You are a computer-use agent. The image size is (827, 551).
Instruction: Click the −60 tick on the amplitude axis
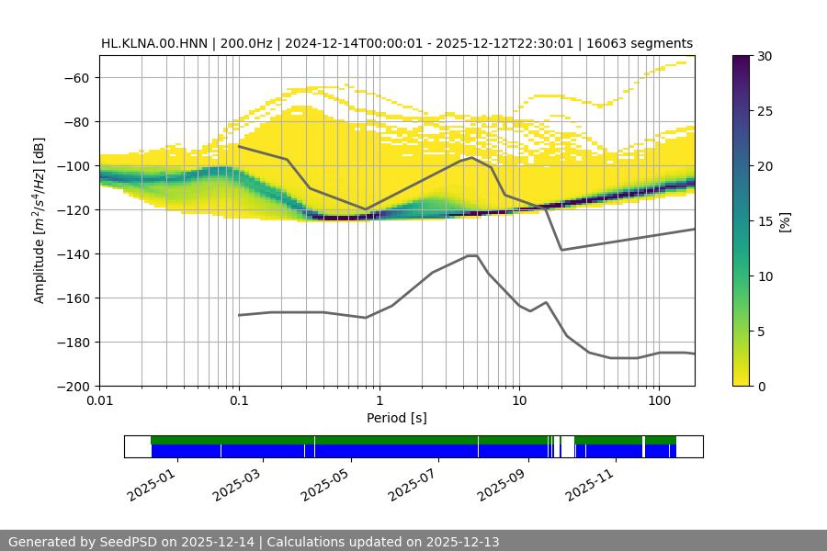pos(76,77)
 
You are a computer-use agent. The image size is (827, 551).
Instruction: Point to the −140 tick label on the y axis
pos(73,253)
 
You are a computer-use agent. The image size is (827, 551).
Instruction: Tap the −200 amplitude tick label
pos(73,386)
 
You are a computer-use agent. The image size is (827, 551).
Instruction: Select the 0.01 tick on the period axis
pos(99,401)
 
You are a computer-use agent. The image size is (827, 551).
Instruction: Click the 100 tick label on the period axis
pos(659,401)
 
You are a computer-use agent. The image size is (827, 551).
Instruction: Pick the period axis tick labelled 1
pos(379,401)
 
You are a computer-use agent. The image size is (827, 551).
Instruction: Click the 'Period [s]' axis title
pos(397,418)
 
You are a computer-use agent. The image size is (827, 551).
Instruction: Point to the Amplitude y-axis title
pos(40,220)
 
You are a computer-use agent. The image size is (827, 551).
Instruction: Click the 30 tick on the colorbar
pos(765,56)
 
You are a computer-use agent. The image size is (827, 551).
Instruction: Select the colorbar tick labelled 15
pos(765,221)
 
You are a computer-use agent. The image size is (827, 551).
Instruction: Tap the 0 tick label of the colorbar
pos(762,386)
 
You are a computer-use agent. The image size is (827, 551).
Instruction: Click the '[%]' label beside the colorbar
pos(785,221)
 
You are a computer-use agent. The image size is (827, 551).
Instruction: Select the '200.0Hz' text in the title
pos(244,43)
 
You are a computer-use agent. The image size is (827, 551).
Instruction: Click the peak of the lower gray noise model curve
pos(472,255)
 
